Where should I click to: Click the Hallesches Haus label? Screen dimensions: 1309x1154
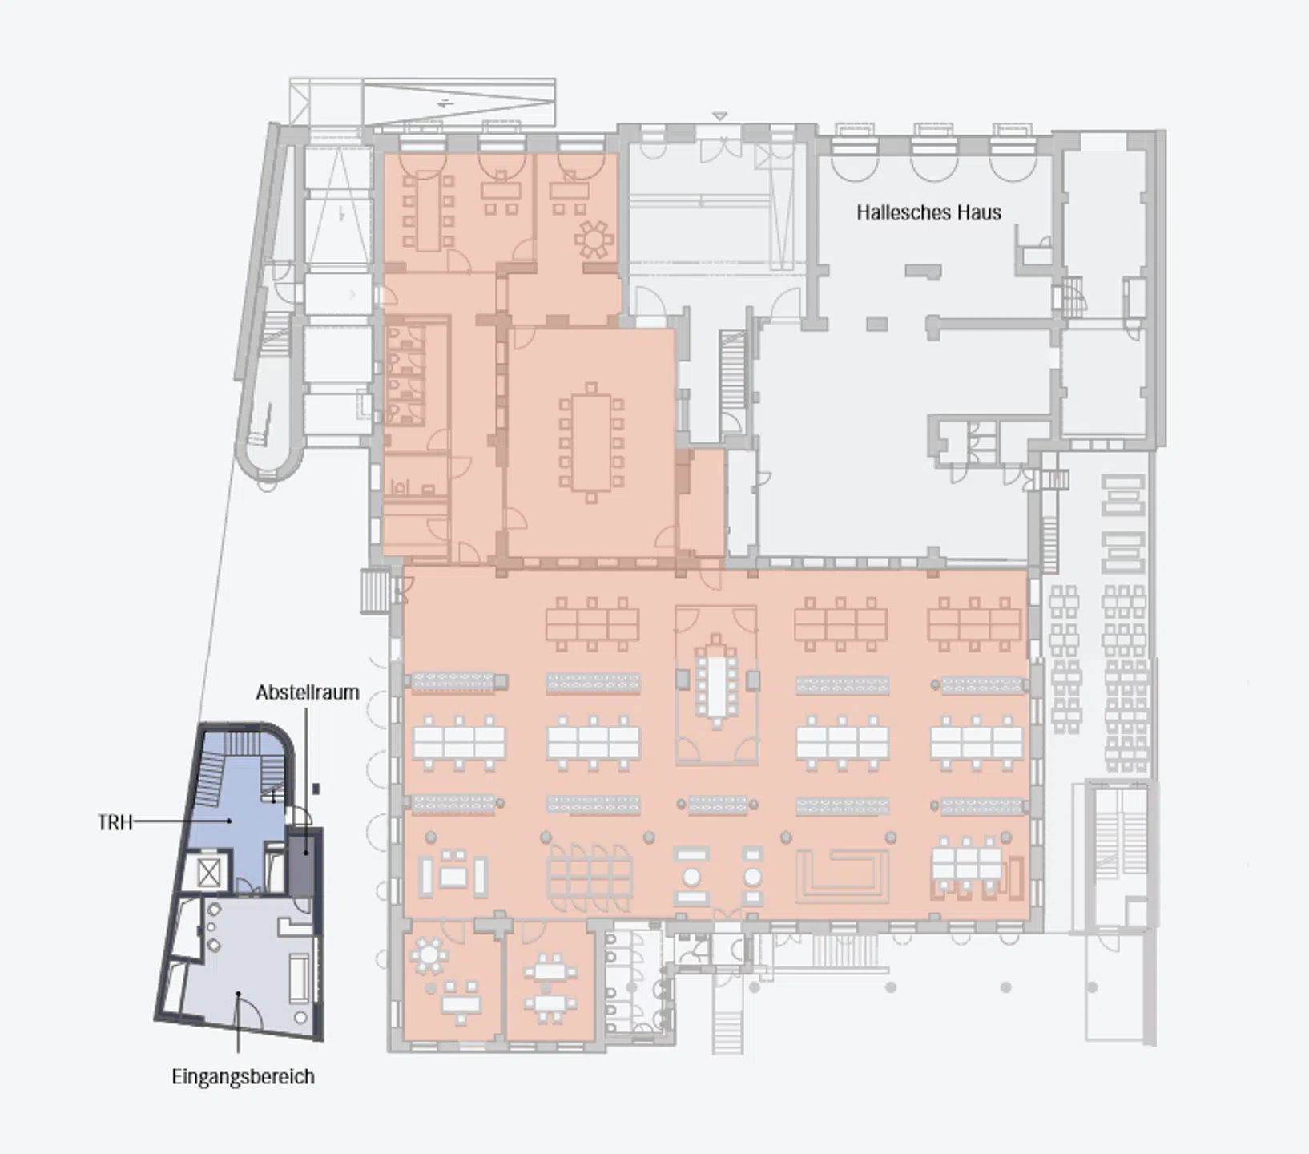pyautogui.click(x=928, y=212)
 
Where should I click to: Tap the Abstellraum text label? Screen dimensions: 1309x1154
pyautogui.click(x=308, y=692)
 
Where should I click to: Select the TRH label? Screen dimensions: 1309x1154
pyautogui.click(x=115, y=822)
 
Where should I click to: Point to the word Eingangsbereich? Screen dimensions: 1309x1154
pyautogui.click(x=243, y=1076)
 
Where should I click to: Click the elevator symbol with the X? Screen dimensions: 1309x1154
pyautogui.click(x=208, y=873)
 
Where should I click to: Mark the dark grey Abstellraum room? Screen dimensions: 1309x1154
pyautogui.click(x=303, y=865)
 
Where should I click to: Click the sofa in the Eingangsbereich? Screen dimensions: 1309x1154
pyautogui.click(x=299, y=978)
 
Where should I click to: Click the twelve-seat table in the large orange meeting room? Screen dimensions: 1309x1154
pyautogui.click(x=591, y=442)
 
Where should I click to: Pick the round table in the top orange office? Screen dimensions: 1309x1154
pyautogui.click(x=594, y=239)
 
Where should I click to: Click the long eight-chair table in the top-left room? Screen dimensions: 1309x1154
pyautogui.click(x=428, y=211)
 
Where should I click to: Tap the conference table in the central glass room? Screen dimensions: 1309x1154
pyautogui.click(x=716, y=682)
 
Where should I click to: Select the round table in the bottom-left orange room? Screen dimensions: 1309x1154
pyautogui.click(x=429, y=954)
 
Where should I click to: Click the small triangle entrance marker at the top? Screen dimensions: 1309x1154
pyautogui.click(x=719, y=116)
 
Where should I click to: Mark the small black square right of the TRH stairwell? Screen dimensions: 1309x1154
pyautogui.click(x=316, y=789)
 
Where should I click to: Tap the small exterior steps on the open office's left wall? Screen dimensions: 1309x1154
pyautogui.click(x=374, y=591)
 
